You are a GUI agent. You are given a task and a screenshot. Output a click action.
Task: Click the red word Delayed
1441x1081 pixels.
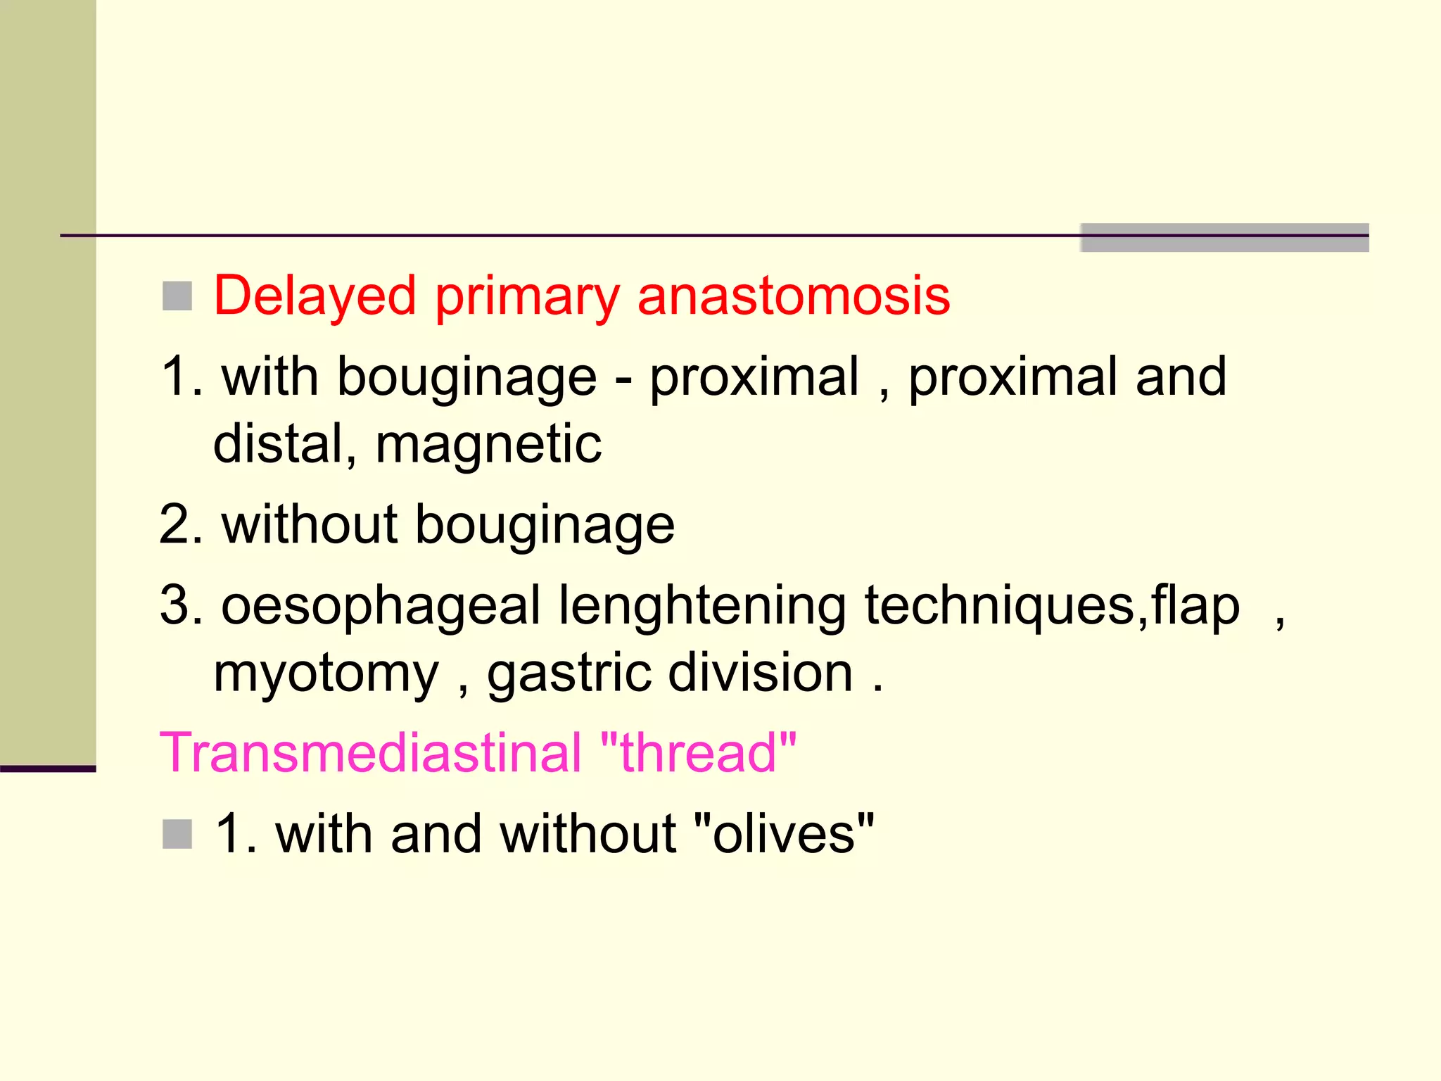[x=315, y=296]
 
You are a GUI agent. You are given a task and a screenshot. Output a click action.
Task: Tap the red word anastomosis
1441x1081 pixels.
[x=793, y=296]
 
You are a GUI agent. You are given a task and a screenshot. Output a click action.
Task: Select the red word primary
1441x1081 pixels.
[x=527, y=297]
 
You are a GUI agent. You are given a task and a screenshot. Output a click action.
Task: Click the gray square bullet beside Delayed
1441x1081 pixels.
[x=177, y=296]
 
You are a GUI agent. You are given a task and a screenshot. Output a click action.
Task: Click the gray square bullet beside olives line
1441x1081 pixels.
[x=177, y=834]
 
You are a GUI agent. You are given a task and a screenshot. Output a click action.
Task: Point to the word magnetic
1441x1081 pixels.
[x=488, y=444]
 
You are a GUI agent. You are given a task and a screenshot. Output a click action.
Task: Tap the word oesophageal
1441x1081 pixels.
[x=380, y=606]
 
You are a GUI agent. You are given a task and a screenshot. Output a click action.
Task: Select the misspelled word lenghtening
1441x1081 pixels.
[x=702, y=606]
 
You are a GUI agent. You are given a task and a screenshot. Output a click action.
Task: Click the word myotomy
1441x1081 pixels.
[x=326, y=674]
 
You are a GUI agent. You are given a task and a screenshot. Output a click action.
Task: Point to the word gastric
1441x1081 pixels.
[x=569, y=672]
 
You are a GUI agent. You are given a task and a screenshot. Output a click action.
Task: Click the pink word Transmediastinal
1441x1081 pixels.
[x=371, y=752]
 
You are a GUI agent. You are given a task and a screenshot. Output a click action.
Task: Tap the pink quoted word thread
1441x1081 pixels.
[x=698, y=752]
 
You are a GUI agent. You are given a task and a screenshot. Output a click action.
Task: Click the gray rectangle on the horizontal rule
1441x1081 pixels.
[x=1224, y=237]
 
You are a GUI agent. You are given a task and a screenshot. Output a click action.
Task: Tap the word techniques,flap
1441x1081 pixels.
[x=1052, y=606]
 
